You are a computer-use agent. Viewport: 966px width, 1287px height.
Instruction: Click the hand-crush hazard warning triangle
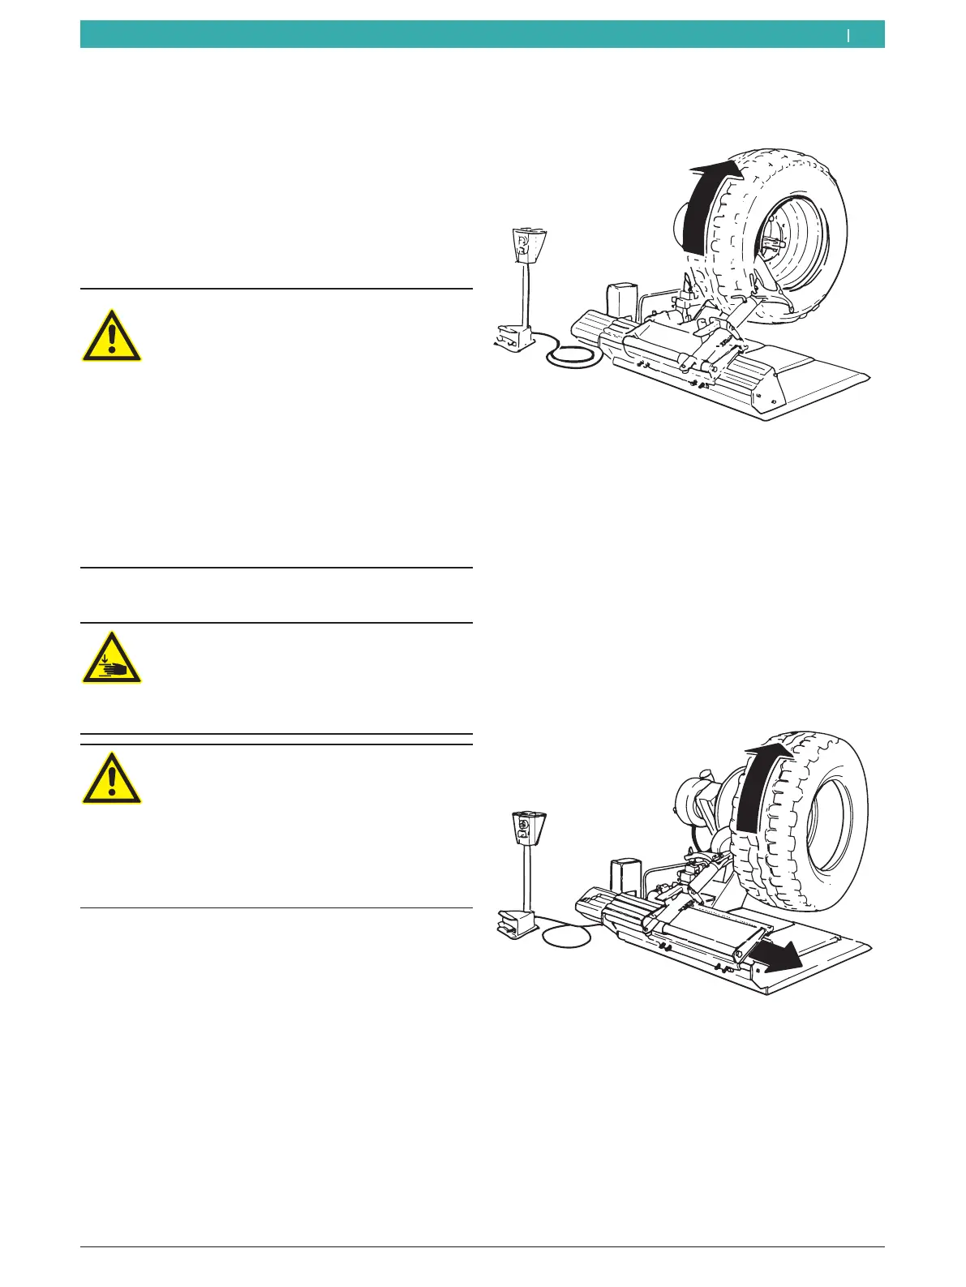[112, 658]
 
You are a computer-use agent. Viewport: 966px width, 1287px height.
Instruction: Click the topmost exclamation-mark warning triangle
[112, 335]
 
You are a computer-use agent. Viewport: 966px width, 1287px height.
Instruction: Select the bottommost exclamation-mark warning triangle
[112, 778]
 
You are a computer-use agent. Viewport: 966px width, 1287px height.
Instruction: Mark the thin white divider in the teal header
[848, 35]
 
